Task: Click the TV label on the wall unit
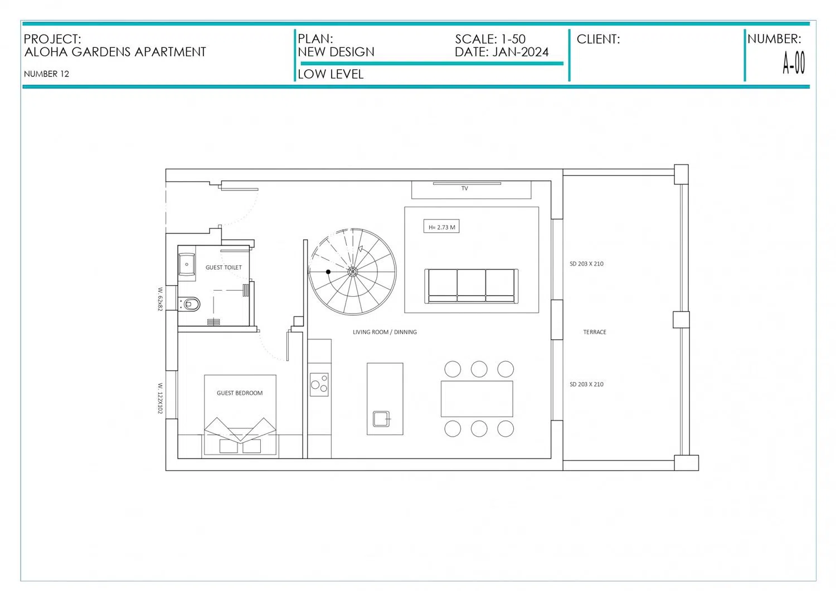pos(465,188)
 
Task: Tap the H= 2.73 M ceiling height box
pos(441,227)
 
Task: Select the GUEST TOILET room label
pos(223,267)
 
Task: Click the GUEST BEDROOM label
pos(240,393)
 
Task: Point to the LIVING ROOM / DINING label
pos(385,332)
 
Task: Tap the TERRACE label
pos(595,332)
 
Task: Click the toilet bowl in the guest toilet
pos(190,304)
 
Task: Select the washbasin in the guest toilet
pos(187,265)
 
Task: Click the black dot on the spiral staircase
pos(328,272)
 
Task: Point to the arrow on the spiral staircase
pos(361,249)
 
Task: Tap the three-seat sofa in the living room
pos(472,286)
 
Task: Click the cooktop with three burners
pos(319,384)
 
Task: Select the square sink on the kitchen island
pos(381,419)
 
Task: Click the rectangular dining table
pos(477,399)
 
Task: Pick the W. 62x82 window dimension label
pos(160,299)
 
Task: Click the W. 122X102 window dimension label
pos(160,398)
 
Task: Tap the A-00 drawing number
pos(794,63)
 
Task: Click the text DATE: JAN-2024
pos(502,52)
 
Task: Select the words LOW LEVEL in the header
pos(330,74)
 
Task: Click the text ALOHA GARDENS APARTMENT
pos(115,52)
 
